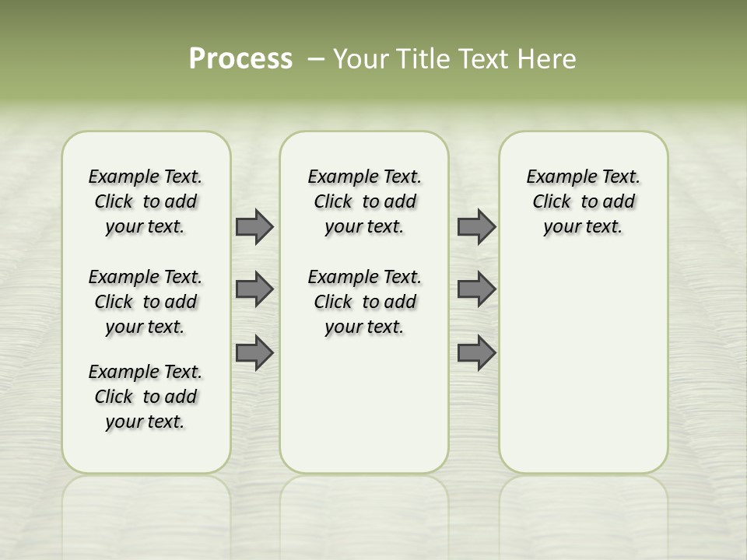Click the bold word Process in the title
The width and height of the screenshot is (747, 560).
point(240,59)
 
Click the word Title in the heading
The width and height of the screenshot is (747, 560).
point(423,59)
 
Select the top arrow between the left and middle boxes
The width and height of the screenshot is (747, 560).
point(254,226)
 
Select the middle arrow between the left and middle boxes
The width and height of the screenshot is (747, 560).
point(254,289)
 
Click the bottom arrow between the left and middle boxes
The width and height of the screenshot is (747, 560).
point(254,352)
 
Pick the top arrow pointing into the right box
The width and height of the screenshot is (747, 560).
point(476,226)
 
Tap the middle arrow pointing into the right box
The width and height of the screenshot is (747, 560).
point(476,289)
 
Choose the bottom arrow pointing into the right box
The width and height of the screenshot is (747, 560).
point(476,352)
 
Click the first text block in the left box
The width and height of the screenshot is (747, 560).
point(146,201)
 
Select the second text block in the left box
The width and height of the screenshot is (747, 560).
point(146,302)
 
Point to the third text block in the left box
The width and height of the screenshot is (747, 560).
point(146,397)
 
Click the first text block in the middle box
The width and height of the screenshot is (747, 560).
point(364,201)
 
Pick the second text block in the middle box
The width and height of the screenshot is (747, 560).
point(364,302)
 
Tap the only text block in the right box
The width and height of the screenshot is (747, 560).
point(583,201)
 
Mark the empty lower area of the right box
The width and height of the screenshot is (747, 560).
point(583,358)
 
